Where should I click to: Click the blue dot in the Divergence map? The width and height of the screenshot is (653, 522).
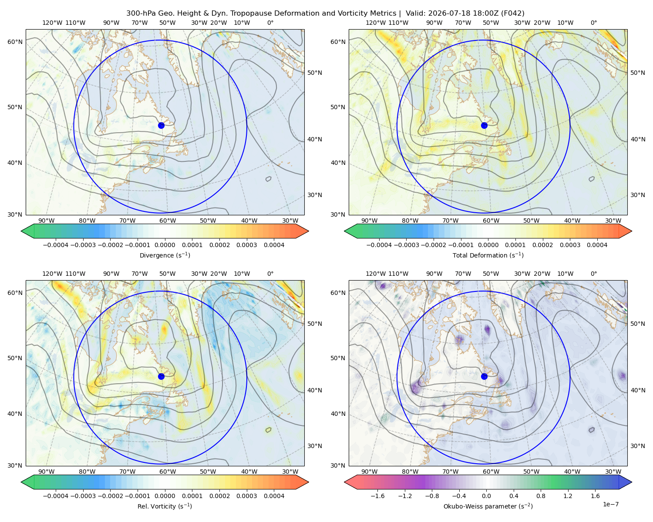click(x=161, y=125)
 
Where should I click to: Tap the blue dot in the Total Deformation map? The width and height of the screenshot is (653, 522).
click(x=484, y=125)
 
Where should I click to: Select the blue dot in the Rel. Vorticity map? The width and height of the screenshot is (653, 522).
click(x=161, y=376)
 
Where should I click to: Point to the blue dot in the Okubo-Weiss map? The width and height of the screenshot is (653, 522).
click(x=484, y=376)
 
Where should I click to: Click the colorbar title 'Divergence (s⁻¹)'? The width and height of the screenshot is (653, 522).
click(x=165, y=255)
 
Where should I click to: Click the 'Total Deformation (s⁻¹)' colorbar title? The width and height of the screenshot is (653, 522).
click(x=488, y=255)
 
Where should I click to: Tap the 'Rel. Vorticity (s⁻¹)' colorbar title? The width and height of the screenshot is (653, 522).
click(x=165, y=506)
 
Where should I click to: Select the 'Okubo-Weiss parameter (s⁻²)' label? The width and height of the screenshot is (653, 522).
click(x=488, y=506)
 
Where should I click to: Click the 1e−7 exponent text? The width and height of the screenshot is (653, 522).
click(x=610, y=504)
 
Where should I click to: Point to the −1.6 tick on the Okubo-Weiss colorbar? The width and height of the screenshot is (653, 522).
click(x=377, y=495)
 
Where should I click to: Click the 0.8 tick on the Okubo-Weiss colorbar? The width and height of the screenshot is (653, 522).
click(x=541, y=495)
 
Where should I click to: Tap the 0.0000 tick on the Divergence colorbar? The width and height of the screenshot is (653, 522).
click(x=165, y=245)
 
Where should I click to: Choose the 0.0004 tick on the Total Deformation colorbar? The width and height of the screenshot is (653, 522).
click(x=597, y=245)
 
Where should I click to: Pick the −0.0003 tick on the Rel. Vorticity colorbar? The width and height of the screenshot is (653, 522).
click(x=83, y=495)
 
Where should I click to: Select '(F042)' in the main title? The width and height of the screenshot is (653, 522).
click(x=512, y=13)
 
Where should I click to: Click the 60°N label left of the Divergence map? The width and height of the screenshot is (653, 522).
click(x=15, y=42)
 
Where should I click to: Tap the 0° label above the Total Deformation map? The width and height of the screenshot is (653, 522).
click(x=593, y=23)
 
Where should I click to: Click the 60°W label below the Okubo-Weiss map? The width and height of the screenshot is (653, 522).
click(x=491, y=472)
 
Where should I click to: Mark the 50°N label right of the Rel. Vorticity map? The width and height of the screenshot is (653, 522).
click(x=315, y=324)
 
